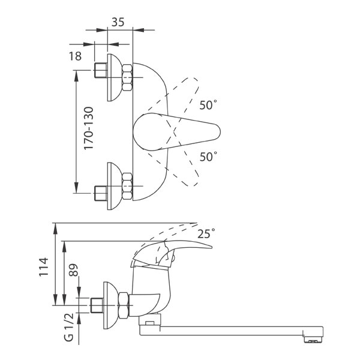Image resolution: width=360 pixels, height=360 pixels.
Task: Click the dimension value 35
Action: pyautogui.click(x=118, y=22)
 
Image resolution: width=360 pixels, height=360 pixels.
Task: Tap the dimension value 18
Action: pyautogui.click(x=76, y=56)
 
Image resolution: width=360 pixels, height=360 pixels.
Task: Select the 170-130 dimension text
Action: pyautogui.click(x=89, y=128)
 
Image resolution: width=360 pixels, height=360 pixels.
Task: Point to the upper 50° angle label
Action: pyautogui.click(x=208, y=104)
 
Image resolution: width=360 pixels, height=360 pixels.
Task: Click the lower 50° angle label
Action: pyautogui.click(x=208, y=157)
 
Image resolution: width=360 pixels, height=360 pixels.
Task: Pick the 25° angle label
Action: pyautogui.click(x=206, y=233)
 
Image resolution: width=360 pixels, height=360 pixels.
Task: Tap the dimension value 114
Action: pyautogui.click(x=44, y=267)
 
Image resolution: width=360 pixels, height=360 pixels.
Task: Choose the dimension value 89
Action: pyautogui.click(x=73, y=270)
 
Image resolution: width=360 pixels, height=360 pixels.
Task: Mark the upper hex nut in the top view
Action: pyautogui.click(x=127, y=77)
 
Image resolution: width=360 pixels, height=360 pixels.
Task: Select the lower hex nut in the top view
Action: pyautogui.click(x=127, y=186)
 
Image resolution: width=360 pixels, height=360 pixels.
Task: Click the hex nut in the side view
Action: pyautogui.click(x=124, y=305)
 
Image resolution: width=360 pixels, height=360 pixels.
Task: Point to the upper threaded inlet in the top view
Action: pyautogui.click(x=101, y=70)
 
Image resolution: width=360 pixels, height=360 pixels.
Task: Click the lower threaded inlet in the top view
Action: pyautogui.click(x=101, y=193)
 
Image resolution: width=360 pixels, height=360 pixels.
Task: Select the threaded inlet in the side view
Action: pyautogui.click(x=97, y=305)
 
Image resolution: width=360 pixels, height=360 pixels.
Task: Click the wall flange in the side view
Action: pyautogui.click(x=110, y=305)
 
